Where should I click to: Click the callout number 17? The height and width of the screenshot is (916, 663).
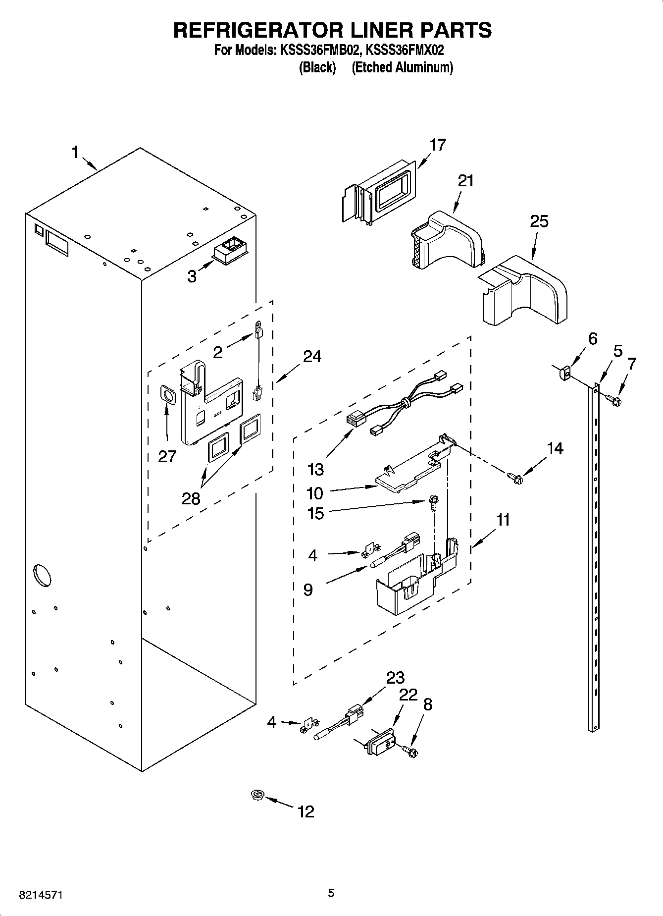pos(438,145)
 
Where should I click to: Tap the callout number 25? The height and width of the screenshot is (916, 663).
pos(539,221)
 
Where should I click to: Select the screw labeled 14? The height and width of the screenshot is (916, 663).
pos(515,479)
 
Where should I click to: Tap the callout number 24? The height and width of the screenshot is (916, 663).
pos(312,356)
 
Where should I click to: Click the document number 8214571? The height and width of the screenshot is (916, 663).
pos(41,895)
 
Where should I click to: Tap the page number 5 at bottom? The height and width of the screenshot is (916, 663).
pos(331,893)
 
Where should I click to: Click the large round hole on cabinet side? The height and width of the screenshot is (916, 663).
pos(42,575)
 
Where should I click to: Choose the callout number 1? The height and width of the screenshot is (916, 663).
pos(75,152)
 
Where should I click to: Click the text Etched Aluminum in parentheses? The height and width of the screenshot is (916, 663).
pos(402,67)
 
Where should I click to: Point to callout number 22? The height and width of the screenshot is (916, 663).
pos(408,695)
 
